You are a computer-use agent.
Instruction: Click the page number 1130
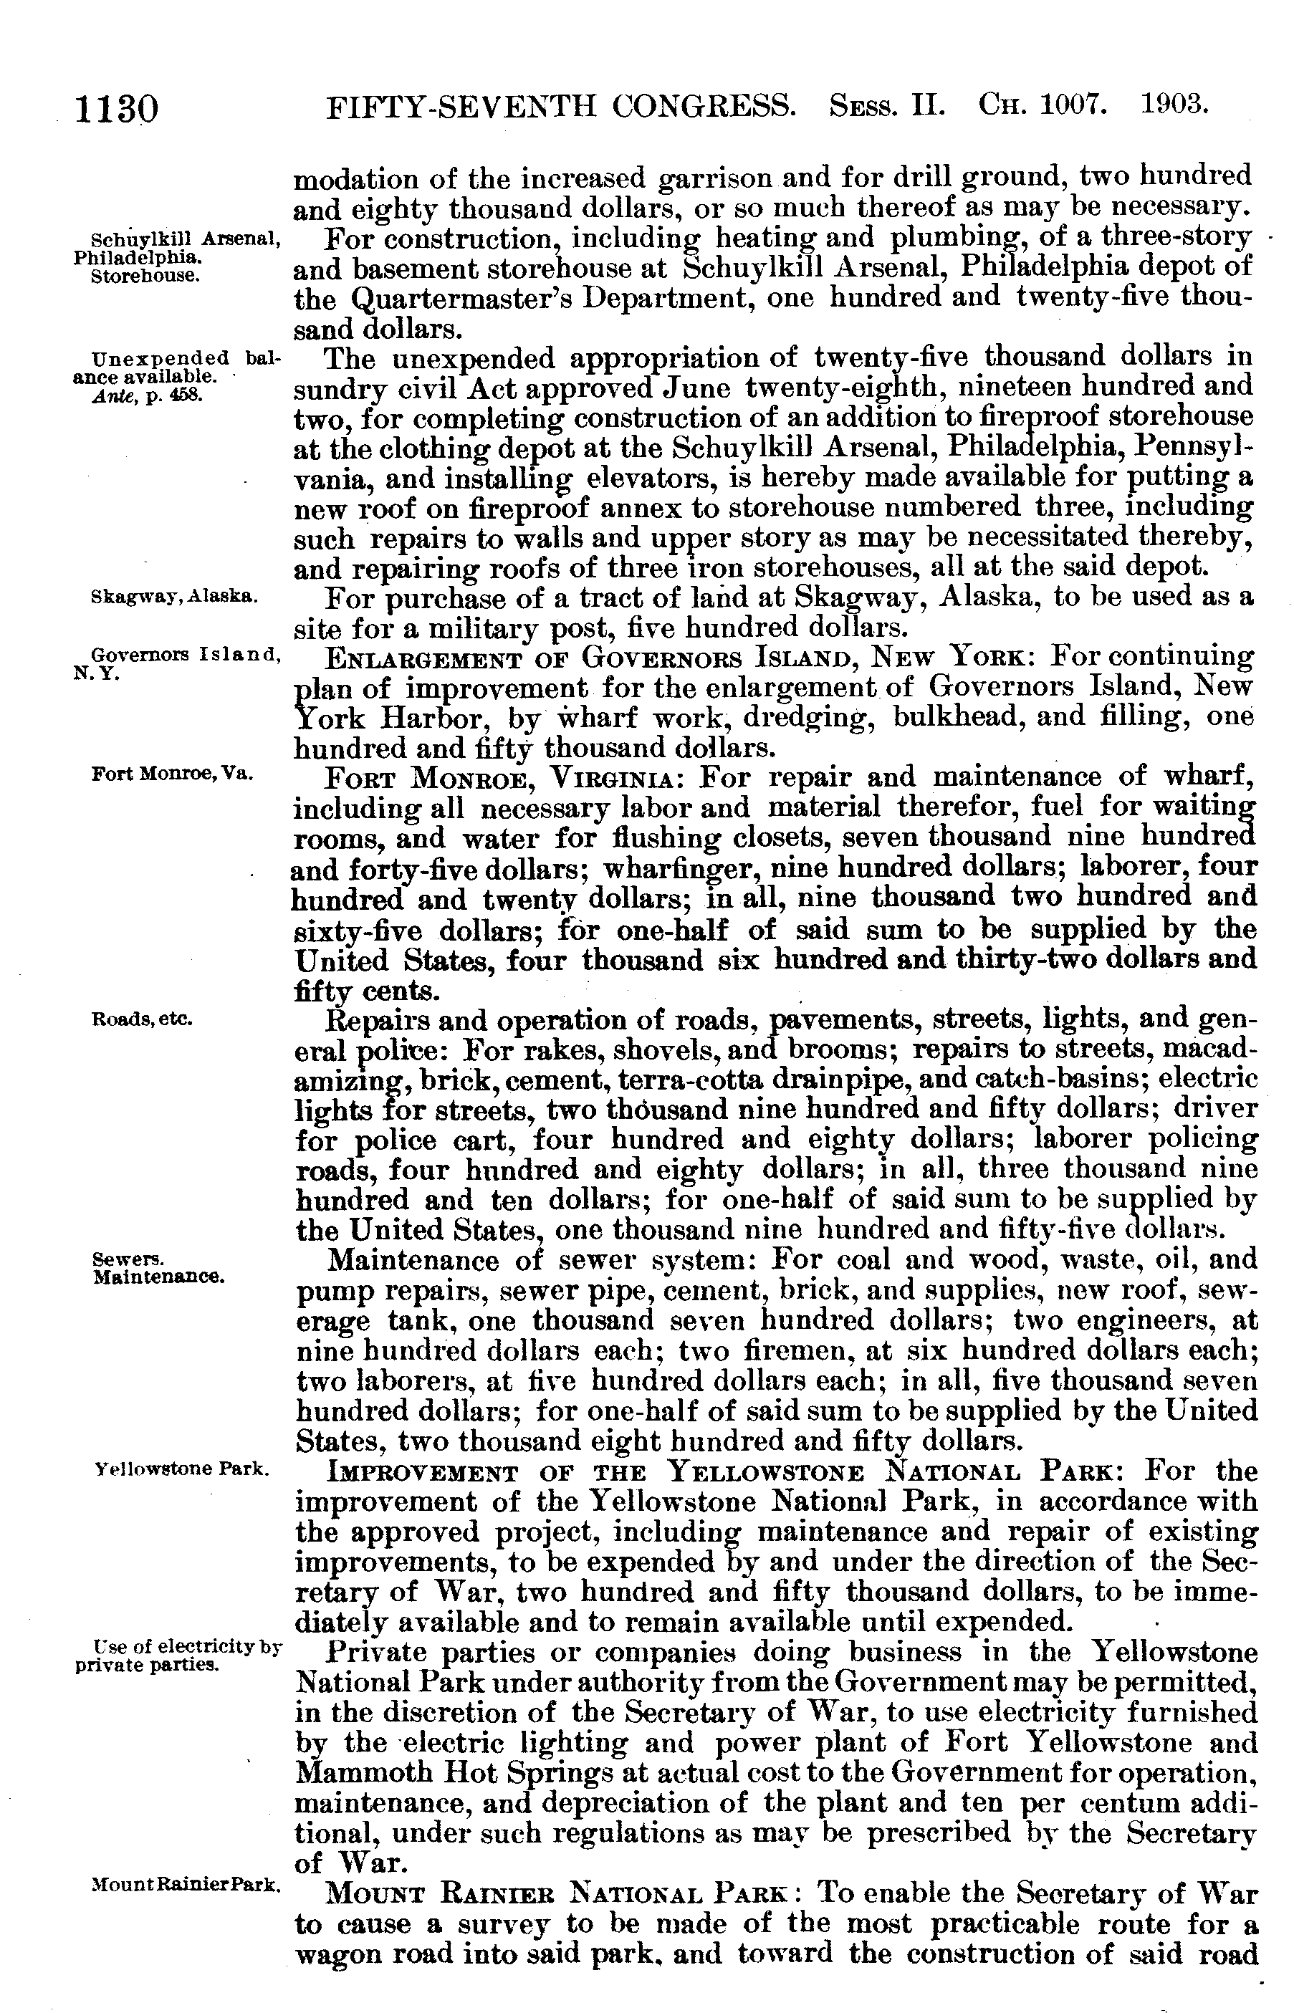117,109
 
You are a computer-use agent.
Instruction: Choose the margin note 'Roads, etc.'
142,1020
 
